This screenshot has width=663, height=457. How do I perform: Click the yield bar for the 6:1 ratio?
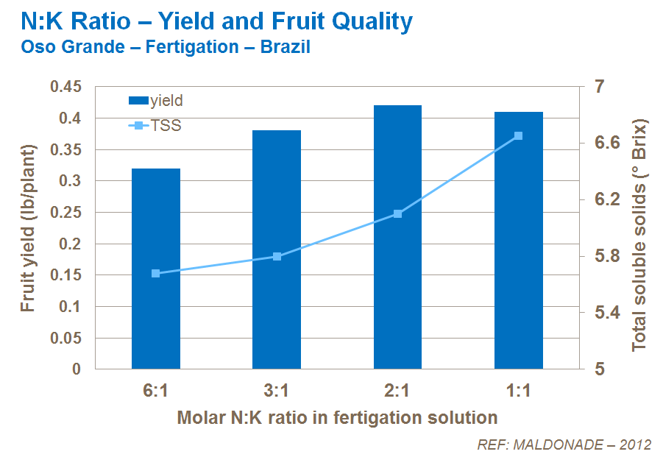click(155, 309)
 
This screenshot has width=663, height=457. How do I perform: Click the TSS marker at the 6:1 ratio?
click(155, 273)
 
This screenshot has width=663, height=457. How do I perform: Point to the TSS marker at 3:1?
click(277, 256)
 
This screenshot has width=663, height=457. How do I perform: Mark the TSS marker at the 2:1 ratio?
click(397, 213)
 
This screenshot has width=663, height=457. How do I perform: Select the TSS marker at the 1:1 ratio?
click(518, 135)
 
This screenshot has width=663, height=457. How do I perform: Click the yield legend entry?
click(155, 100)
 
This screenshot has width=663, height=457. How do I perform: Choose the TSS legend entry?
click(155, 126)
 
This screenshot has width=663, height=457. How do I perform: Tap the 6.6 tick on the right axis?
click(606, 143)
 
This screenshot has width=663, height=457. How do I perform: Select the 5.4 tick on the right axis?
click(606, 313)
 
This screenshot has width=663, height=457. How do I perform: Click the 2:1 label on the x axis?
click(397, 391)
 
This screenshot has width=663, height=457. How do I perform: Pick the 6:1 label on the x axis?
click(155, 391)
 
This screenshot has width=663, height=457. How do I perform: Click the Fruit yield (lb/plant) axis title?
click(28, 228)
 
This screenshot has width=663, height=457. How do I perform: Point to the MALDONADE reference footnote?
click(564, 444)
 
